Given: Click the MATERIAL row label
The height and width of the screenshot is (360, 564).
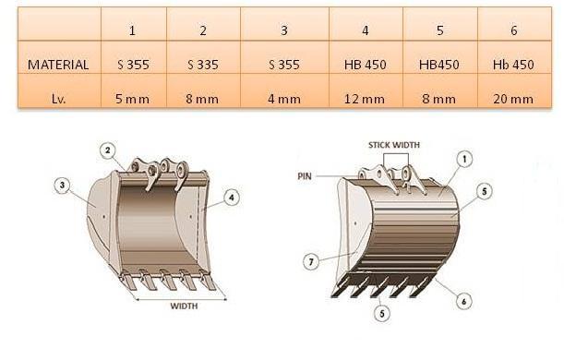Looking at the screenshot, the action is tap(58, 65).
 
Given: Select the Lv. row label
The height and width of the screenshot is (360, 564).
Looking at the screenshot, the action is tap(59, 99).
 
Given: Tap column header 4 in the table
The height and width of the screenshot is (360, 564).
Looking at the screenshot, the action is tap(366, 30).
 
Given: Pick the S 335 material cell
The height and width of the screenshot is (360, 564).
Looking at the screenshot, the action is tap(203, 65).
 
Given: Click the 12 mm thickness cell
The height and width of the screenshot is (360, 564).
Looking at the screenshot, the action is tap(365, 99).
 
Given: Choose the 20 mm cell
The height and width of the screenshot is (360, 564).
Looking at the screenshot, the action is tap(513, 99).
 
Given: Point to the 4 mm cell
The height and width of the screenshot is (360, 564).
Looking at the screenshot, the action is tap(284, 99).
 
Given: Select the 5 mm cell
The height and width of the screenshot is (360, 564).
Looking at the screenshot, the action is tap(132, 99).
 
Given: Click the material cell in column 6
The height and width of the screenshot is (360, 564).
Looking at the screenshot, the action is tap(513, 65).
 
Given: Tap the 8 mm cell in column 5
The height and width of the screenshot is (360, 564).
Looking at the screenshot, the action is tap(439, 99).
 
